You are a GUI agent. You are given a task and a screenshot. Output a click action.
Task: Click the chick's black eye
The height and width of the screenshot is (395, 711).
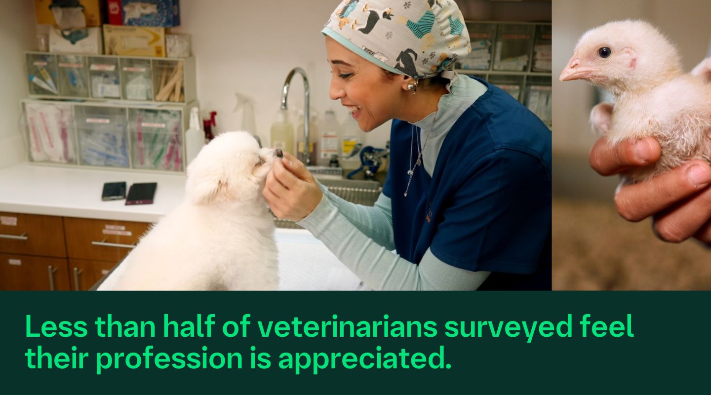click(x=604, y=52)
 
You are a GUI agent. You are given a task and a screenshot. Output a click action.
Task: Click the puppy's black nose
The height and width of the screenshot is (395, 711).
click(x=279, y=153)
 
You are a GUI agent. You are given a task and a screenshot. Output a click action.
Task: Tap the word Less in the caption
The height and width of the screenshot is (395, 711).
click(x=55, y=326)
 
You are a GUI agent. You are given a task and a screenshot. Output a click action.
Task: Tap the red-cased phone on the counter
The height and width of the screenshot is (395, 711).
click(x=141, y=193)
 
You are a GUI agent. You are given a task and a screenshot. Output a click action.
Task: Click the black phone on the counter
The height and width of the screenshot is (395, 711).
click(x=114, y=191)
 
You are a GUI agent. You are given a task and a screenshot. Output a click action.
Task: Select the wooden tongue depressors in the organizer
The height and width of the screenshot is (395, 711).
click(x=169, y=86)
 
